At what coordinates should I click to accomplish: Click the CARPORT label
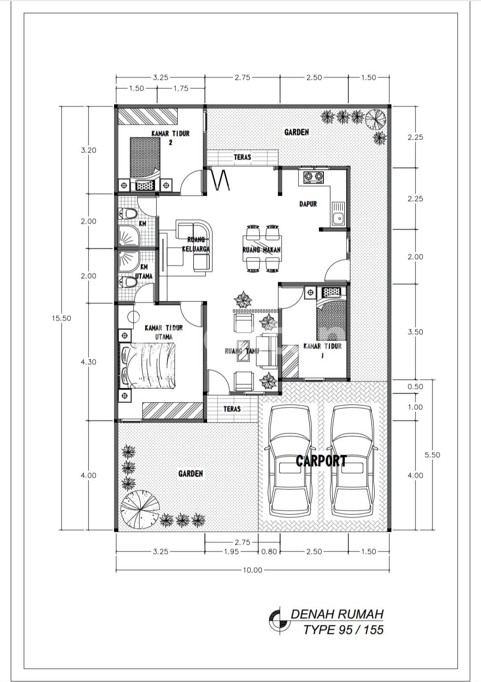pyautogui.click(x=321, y=461)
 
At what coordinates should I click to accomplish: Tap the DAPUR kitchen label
pyautogui.click(x=308, y=204)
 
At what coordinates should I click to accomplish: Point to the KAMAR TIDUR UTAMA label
pyautogui.click(x=164, y=332)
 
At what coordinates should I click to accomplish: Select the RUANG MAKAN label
pyautogui.click(x=261, y=250)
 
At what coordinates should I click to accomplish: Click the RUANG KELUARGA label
pyautogui.click(x=196, y=244)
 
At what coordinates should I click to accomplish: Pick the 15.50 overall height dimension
pyautogui.click(x=61, y=318)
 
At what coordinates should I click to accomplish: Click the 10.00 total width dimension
pyautogui.click(x=253, y=570)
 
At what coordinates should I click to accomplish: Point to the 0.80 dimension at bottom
pyautogui.click(x=269, y=551)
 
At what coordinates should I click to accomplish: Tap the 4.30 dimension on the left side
pyautogui.click(x=88, y=362)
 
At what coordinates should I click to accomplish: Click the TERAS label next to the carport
pyautogui.click(x=232, y=409)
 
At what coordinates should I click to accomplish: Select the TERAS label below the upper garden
pyautogui.click(x=242, y=157)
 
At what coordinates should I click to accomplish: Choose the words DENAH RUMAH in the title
pyautogui.click(x=337, y=614)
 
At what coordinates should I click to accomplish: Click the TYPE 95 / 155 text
pyautogui.click(x=344, y=630)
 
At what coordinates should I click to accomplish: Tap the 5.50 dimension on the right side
pyautogui.click(x=432, y=455)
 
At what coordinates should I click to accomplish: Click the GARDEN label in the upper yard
pyautogui.click(x=297, y=132)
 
